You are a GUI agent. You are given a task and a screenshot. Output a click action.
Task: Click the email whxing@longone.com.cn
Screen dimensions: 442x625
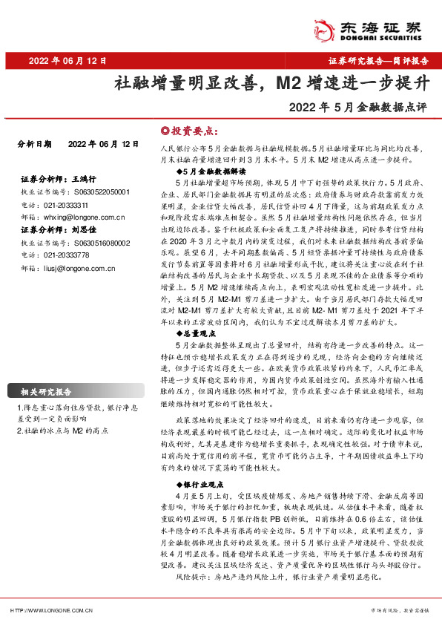point(82,217)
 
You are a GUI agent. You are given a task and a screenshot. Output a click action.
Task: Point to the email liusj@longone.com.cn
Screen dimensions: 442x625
point(79,267)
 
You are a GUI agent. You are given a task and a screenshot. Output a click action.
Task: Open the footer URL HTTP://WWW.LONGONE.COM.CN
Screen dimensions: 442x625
point(51,610)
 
